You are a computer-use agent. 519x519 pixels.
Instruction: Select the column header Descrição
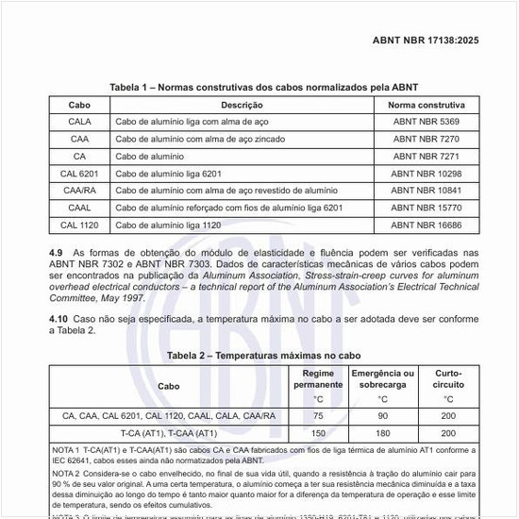pos(242,105)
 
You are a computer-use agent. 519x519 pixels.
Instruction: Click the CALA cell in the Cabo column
pos(80,122)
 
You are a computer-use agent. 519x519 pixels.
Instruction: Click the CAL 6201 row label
pos(80,174)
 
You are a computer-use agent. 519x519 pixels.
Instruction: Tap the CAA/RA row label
pos(80,191)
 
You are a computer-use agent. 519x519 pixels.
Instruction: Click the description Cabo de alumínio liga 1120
pos(168,226)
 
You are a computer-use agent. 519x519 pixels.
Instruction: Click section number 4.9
pos(56,253)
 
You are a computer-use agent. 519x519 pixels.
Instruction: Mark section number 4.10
pos(58,319)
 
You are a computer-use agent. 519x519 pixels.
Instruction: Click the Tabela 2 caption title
pos(263,356)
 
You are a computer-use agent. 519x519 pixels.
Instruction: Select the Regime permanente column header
pos(318,379)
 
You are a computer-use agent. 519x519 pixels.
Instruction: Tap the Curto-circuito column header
pos(448,379)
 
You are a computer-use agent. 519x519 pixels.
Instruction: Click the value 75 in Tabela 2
pos(318,415)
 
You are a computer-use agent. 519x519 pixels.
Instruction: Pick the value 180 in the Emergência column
pos(382,432)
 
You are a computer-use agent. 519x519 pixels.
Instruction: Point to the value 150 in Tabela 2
pos(318,432)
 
